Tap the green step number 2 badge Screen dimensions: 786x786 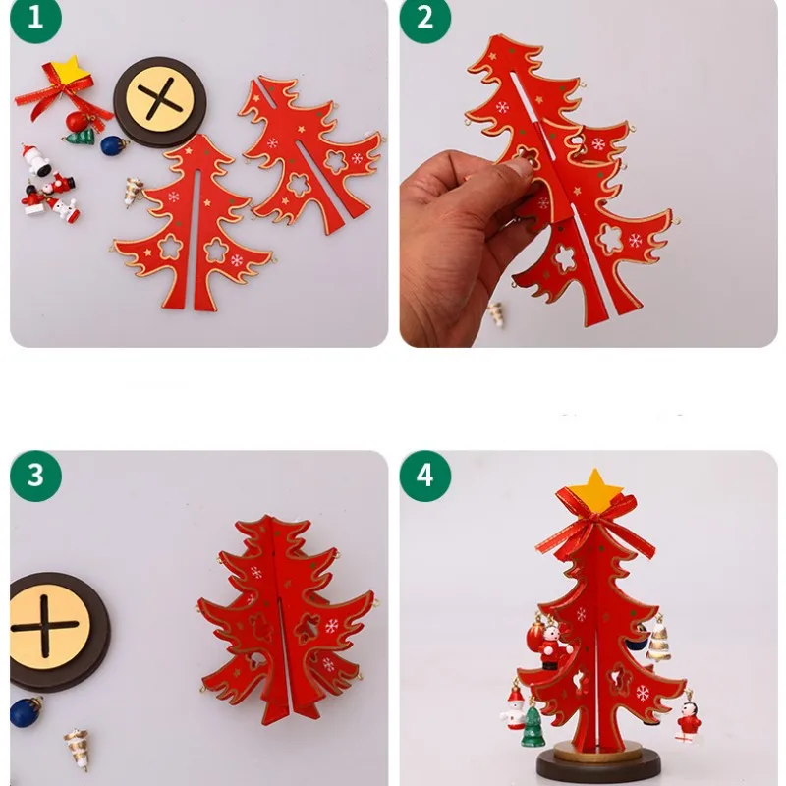[x=424, y=20]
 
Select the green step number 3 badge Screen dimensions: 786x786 [x=35, y=476]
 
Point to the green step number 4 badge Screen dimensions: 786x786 [x=424, y=476]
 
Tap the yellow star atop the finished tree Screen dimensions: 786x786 [x=594, y=486]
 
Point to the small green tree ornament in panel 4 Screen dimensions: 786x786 [x=532, y=726]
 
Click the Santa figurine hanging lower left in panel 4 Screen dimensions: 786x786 [x=513, y=707]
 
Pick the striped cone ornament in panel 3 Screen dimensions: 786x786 [x=77, y=748]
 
